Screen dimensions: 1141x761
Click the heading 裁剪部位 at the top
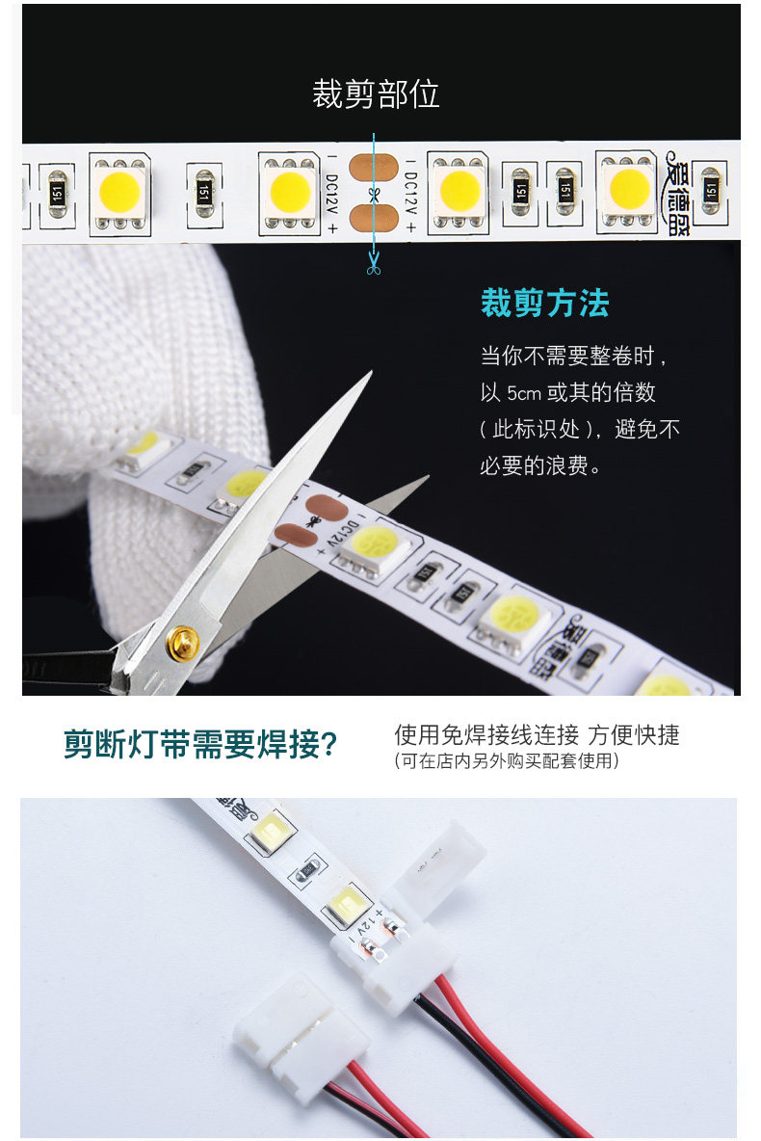(376, 94)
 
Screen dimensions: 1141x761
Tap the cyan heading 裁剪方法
(545, 304)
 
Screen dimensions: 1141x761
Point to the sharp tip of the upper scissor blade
(369, 374)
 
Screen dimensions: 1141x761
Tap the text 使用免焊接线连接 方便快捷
(537, 735)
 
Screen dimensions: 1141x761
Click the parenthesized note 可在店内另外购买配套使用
(506, 761)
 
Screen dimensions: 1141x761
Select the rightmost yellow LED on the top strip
(629, 188)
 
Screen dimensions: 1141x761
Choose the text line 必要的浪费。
(541, 467)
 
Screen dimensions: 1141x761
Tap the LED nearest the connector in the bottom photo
(343, 906)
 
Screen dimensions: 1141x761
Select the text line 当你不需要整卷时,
(573, 356)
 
